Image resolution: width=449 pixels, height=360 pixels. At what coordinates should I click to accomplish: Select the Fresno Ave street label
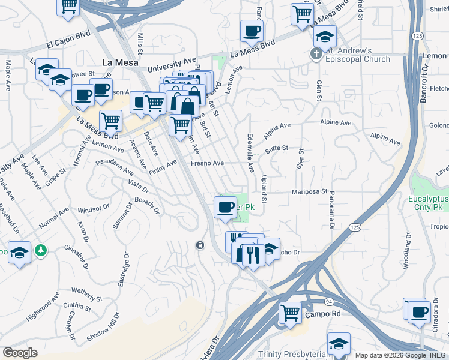click(207, 163)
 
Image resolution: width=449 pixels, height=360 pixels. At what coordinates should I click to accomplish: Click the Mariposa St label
click(309, 192)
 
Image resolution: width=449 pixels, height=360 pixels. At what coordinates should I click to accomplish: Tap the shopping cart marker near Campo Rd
click(290, 312)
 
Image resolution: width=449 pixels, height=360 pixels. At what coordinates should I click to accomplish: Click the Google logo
click(20, 352)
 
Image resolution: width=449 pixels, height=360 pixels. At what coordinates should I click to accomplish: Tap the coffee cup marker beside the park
click(225, 208)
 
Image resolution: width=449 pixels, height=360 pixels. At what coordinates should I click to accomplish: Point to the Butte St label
click(277, 148)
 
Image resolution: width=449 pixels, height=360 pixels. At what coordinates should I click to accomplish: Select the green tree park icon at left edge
click(41, 250)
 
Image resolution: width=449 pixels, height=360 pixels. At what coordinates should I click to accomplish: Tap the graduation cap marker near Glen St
click(325, 38)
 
